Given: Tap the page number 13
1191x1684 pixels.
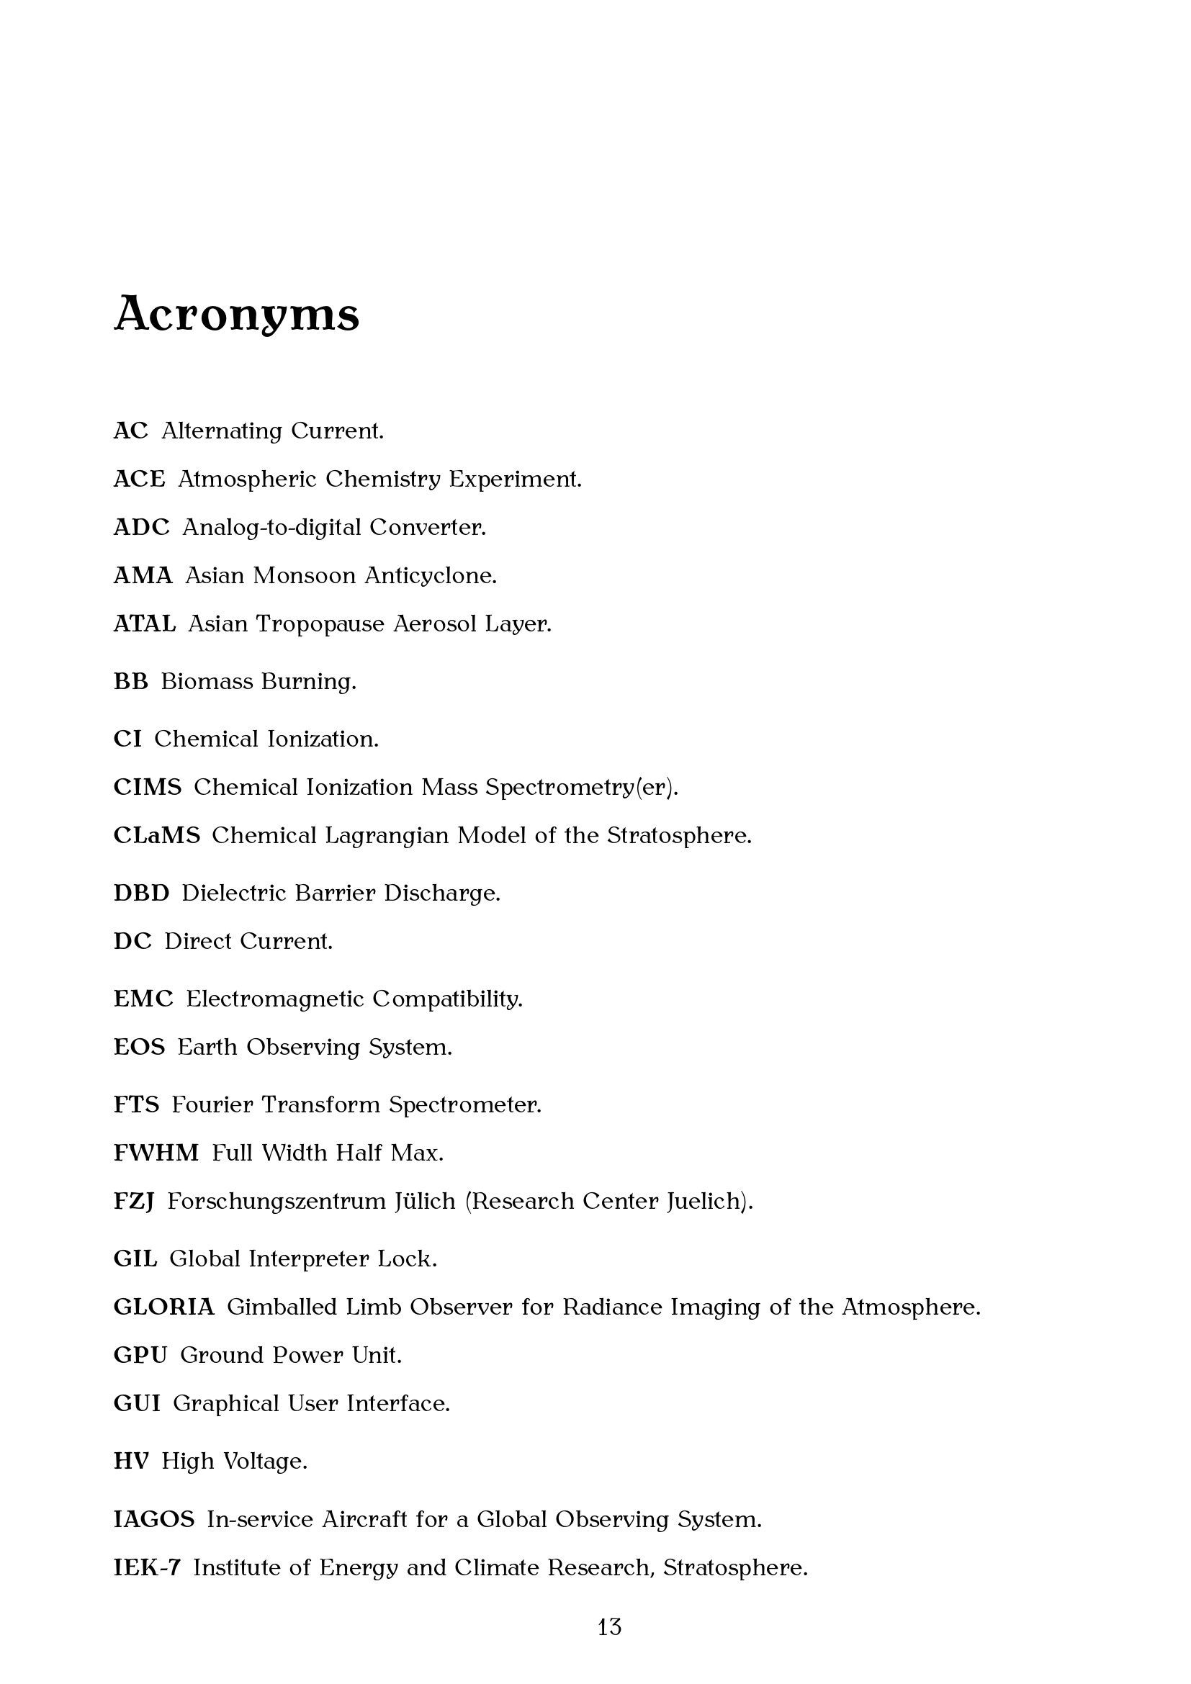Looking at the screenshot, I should tap(609, 1628).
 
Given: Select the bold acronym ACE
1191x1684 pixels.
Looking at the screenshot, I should tap(140, 479).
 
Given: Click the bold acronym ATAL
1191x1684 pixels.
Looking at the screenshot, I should tap(145, 623).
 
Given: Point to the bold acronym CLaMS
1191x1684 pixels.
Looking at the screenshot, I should tap(156, 835).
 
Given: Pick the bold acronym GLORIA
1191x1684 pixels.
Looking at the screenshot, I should tap(163, 1307).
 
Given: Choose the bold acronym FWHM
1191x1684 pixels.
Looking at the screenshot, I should tap(156, 1153).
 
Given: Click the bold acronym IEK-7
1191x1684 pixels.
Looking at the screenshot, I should tap(147, 1567).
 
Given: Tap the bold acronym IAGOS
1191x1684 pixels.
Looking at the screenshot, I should tap(154, 1519).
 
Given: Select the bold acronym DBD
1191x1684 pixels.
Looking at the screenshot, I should tap(141, 893).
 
